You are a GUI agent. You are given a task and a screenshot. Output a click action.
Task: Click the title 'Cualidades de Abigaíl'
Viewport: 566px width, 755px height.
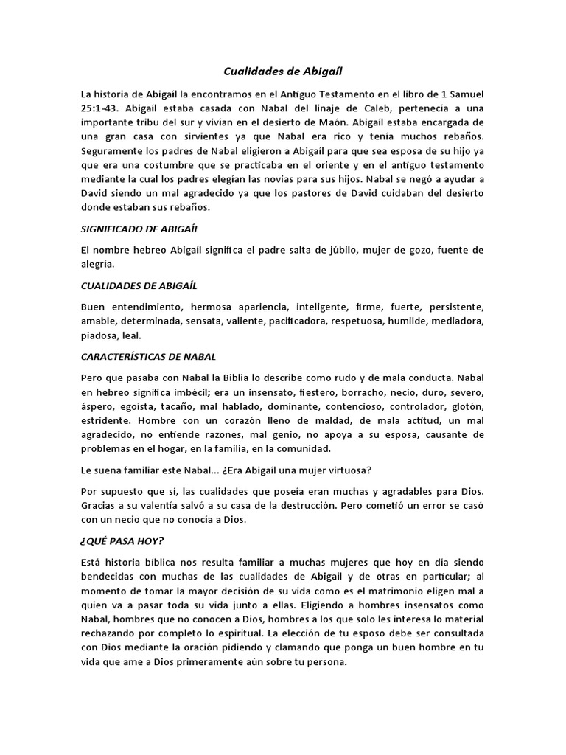point(283,72)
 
